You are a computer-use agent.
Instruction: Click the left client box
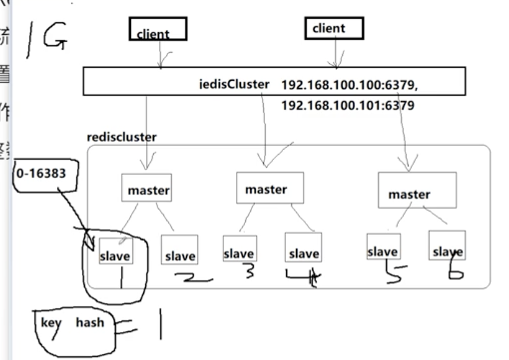(158, 29)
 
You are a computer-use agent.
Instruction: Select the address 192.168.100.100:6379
(349, 84)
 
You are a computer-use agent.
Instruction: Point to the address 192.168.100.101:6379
(348, 106)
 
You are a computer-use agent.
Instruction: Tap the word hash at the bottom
(90, 322)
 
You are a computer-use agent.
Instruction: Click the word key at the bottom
(52, 322)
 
